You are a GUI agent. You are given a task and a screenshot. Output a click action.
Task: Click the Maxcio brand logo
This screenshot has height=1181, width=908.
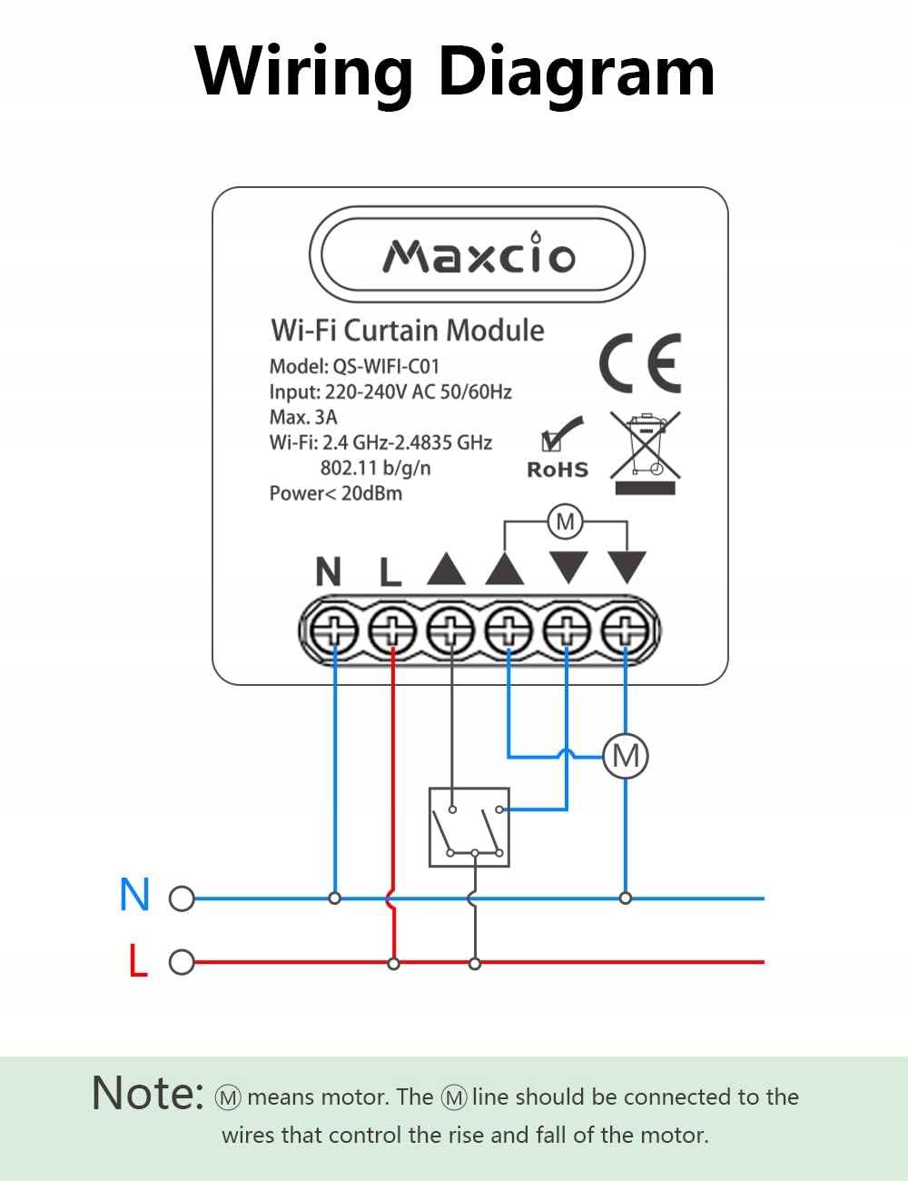click(479, 256)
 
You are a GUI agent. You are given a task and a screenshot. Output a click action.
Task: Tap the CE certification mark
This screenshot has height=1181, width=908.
click(639, 363)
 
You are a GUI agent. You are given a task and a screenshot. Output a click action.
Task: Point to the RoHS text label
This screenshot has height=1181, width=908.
click(558, 470)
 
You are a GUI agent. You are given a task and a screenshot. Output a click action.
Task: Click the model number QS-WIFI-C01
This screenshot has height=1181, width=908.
click(386, 366)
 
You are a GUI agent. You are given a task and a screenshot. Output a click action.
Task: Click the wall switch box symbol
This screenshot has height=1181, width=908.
click(469, 827)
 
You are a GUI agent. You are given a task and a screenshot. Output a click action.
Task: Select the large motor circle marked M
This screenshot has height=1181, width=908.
click(626, 756)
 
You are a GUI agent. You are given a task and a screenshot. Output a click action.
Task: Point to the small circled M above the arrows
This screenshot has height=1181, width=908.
click(566, 521)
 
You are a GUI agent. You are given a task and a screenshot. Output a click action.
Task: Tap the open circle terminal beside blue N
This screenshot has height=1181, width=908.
click(182, 898)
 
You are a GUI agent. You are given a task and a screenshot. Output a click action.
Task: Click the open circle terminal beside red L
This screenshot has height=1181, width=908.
click(182, 962)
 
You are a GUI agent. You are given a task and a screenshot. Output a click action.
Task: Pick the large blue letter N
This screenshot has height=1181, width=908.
click(134, 895)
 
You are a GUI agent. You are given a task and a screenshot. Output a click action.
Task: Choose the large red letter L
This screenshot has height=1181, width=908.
click(137, 960)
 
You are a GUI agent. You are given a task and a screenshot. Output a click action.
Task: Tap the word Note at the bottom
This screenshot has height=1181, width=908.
click(147, 1093)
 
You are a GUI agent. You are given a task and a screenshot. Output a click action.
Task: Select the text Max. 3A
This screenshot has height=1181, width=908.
click(303, 417)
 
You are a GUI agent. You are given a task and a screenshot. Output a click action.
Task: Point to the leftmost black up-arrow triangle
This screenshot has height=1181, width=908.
click(447, 569)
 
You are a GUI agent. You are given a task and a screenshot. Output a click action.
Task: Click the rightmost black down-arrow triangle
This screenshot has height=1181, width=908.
click(627, 567)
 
